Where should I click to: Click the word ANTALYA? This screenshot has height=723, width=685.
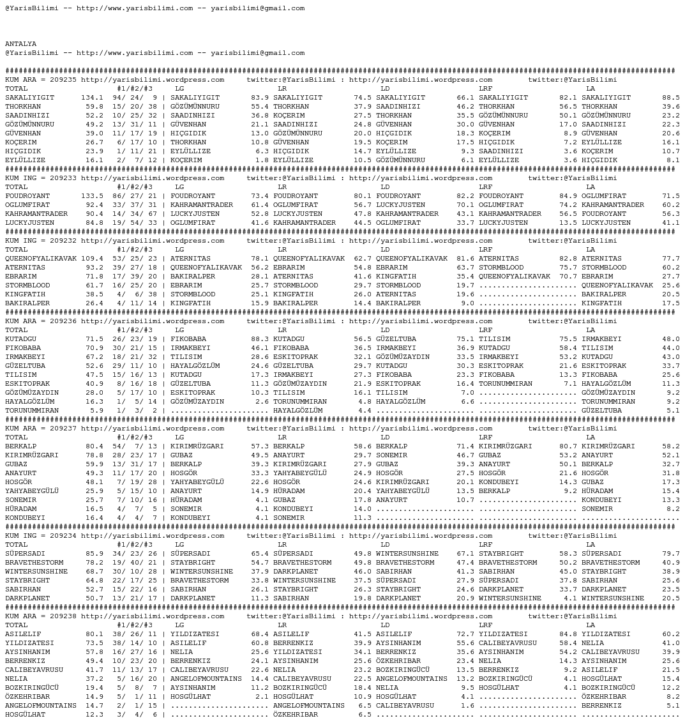point(20,44)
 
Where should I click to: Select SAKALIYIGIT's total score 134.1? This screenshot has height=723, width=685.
point(92,98)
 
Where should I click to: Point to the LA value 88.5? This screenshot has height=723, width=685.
point(671,98)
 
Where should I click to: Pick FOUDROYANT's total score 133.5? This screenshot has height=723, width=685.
point(92,196)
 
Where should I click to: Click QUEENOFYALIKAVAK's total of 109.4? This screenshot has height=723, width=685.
point(92,259)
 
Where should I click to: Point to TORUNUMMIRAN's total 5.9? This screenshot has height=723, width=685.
point(96,411)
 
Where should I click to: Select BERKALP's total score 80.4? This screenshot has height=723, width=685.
point(94,446)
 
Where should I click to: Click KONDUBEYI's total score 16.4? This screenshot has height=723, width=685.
point(94,518)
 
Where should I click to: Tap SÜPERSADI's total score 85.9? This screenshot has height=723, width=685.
point(94,554)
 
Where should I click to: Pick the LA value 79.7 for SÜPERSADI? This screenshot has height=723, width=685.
point(671,554)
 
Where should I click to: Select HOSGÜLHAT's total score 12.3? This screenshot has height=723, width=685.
point(94,715)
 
